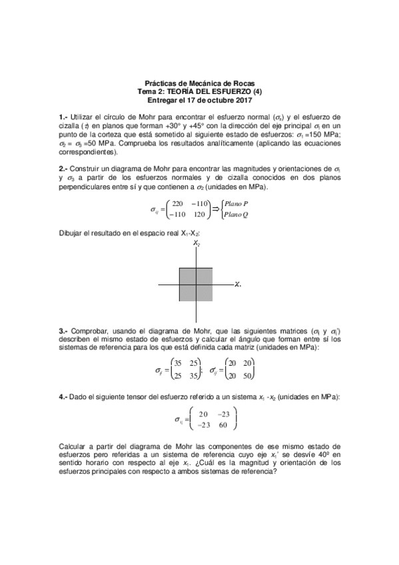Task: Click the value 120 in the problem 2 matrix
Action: (199, 215)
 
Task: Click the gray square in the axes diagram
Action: (196, 284)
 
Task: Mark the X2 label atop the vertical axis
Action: (197, 243)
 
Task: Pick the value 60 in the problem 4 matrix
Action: (222, 424)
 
